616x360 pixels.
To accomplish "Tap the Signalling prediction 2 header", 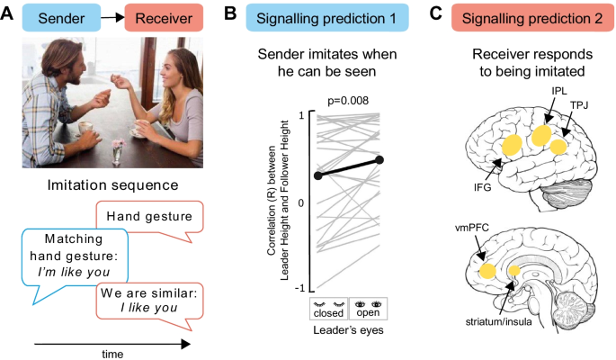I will tap(517, 16).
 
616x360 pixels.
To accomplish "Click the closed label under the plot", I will tap(329, 315).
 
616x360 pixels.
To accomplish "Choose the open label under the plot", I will tap(367, 315).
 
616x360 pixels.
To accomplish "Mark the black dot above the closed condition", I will tap(316, 175).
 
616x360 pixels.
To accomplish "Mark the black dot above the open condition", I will tap(379, 160).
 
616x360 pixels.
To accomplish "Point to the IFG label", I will tap(485, 185).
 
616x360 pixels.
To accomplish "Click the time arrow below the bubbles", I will tap(112, 343).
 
